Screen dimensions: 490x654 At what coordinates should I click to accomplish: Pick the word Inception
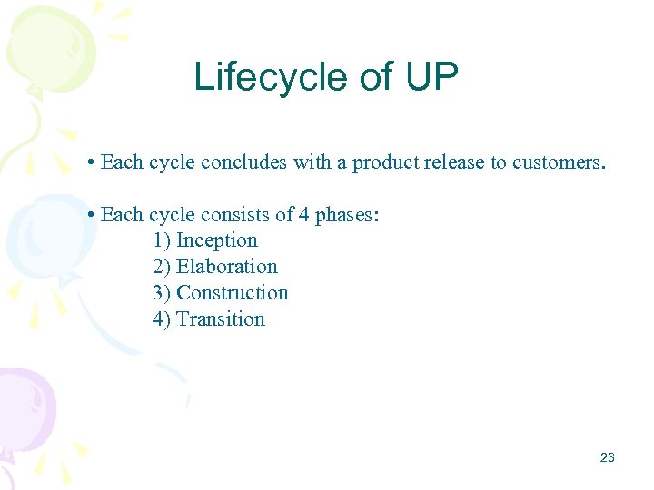(x=217, y=240)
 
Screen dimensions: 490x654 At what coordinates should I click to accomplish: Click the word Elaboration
(x=227, y=267)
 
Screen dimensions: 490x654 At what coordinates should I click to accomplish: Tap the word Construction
(x=233, y=293)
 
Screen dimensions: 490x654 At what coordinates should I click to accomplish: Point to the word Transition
(x=221, y=319)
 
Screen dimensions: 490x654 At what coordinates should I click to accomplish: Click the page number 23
(x=608, y=457)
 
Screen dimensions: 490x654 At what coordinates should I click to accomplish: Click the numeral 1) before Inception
(x=162, y=240)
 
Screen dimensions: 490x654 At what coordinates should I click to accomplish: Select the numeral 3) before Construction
(x=162, y=293)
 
